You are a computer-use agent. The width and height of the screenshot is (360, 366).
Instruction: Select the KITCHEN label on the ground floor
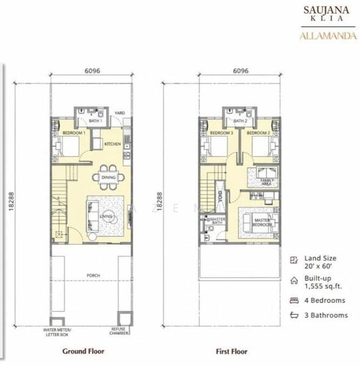112,144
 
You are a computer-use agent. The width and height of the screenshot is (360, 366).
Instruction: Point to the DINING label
108,178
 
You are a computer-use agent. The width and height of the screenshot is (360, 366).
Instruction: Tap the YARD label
120,113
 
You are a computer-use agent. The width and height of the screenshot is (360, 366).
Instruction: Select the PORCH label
93,276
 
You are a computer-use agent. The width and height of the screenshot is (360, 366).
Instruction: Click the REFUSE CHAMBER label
118,331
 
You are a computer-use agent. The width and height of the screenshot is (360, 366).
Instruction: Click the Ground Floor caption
84,351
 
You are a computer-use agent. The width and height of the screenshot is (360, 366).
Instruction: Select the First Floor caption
231,351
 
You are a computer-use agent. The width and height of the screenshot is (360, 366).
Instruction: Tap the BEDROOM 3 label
222,132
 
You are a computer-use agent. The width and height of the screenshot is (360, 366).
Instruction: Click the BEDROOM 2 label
258,132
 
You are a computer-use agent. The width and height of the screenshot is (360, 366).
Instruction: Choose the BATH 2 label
239,121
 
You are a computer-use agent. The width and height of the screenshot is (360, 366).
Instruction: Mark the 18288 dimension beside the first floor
160,201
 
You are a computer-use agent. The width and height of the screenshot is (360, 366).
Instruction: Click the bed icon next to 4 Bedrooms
294,300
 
